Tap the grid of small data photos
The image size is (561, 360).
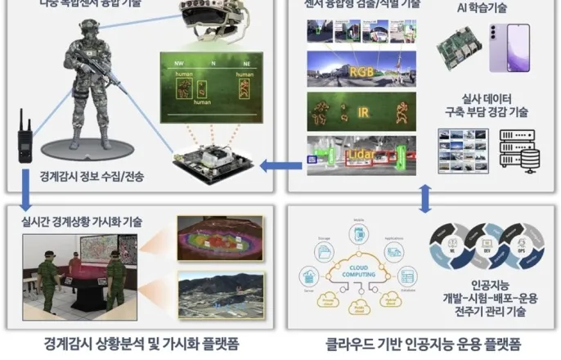coord(463,151)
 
